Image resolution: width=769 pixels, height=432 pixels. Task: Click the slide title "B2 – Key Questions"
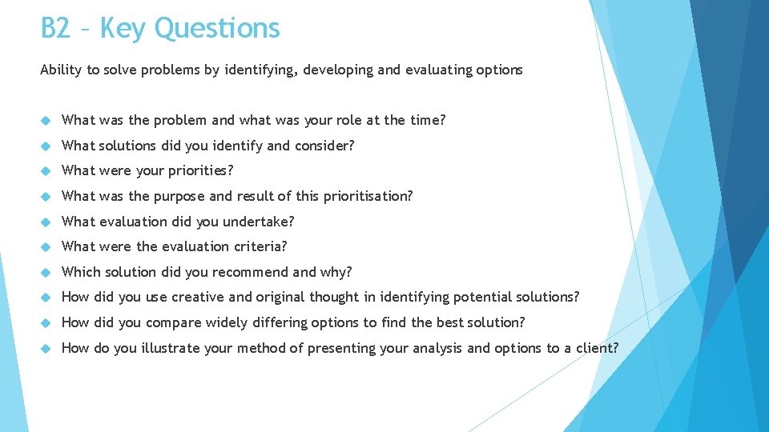160,29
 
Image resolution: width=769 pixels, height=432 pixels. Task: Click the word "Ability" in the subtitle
61,70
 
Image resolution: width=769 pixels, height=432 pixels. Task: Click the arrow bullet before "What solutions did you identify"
46,146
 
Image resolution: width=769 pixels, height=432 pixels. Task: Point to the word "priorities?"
200,170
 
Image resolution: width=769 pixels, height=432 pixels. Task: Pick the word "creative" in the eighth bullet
198,297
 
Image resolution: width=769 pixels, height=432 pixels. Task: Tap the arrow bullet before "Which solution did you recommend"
46,272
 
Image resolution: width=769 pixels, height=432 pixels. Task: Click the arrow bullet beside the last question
46,348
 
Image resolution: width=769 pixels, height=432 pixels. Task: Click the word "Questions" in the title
217,29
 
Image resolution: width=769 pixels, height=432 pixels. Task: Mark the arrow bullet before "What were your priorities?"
46,170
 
